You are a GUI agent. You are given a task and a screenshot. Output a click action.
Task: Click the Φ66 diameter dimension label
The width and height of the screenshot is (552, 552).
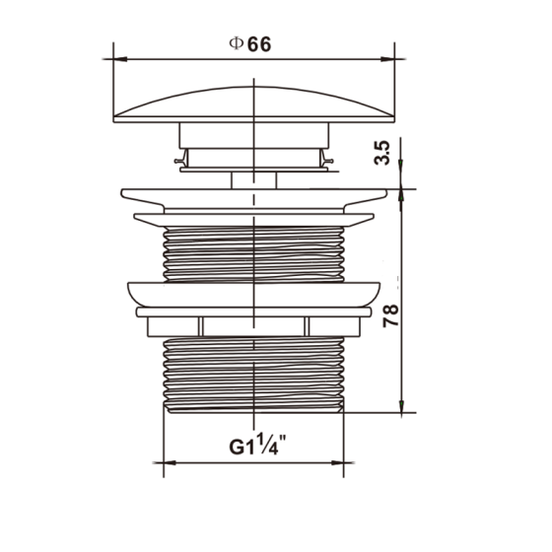(250, 44)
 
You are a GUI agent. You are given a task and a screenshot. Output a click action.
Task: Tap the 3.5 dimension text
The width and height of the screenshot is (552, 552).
(382, 153)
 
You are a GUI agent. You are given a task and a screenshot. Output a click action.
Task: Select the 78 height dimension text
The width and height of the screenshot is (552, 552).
(390, 315)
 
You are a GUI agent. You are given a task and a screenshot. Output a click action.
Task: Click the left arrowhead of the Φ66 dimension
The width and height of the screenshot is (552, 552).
(120, 59)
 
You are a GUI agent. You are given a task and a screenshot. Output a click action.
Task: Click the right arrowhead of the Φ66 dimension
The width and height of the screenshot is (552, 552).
(387, 59)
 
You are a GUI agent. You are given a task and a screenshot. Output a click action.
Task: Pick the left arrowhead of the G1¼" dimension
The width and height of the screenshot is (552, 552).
(170, 462)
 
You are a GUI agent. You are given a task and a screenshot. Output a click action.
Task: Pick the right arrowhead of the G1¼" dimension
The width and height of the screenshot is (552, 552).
(337, 462)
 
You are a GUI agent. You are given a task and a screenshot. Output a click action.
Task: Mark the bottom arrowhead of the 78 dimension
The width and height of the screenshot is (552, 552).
(401, 406)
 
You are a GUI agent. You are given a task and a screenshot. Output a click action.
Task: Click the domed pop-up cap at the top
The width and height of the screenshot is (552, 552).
(254, 104)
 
